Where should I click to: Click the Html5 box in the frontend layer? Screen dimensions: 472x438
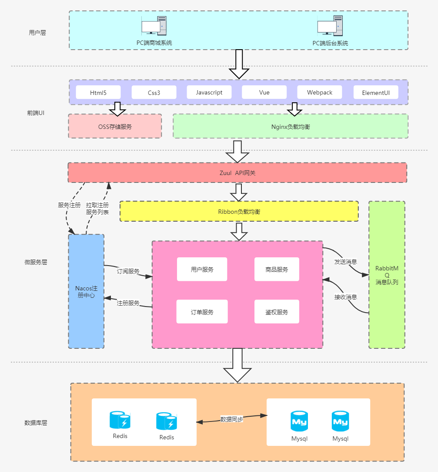click(x=98, y=92)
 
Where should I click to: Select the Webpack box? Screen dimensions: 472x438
click(x=320, y=92)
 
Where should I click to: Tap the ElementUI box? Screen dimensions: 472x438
click(x=376, y=93)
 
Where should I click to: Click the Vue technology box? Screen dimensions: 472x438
click(x=264, y=92)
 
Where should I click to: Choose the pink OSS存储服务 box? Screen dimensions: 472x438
click(x=115, y=127)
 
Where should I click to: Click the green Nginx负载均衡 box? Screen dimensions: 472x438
click(x=290, y=127)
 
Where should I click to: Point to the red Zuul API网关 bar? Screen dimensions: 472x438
click(x=237, y=173)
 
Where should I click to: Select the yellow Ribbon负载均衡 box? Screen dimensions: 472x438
click(x=239, y=212)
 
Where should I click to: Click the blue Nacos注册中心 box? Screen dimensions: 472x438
click(x=86, y=291)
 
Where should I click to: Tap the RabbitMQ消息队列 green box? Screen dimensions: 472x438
click(x=387, y=275)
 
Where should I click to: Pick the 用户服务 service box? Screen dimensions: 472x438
click(x=202, y=270)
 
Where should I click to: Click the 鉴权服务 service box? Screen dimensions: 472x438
click(x=277, y=312)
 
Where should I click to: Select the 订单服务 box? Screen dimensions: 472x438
click(x=202, y=312)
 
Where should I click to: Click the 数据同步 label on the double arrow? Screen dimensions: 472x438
click(x=231, y=419)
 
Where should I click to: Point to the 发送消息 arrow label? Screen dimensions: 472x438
click(x=345, y=262)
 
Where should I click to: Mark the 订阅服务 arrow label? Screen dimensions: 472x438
click(x=128, y=271)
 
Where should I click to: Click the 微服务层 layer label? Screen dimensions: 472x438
click(x=36, y=262)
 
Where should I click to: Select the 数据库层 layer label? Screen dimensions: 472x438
click(x=36, y=423)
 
